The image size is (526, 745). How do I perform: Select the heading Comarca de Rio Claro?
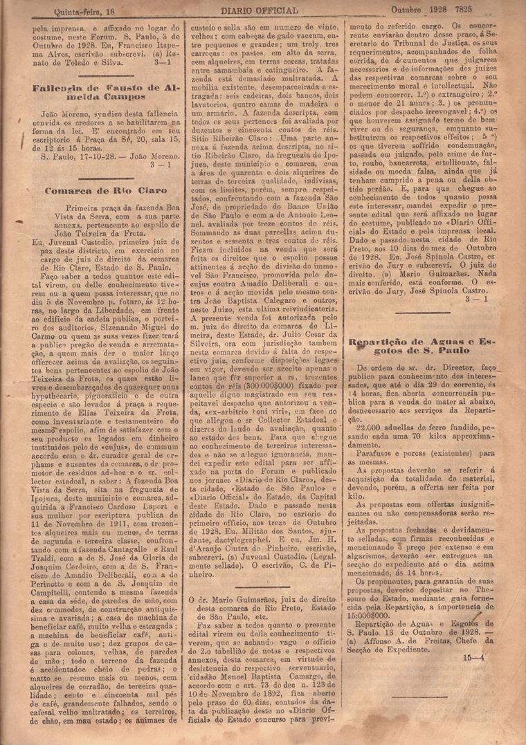pos(96,190)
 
